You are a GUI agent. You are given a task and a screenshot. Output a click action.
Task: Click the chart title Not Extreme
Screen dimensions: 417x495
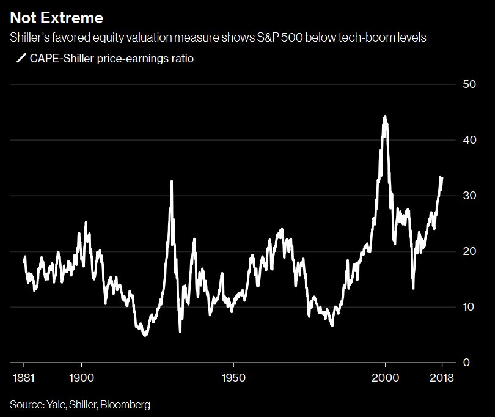[56, 17]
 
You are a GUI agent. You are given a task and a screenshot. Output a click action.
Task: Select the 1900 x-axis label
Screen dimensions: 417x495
[82, 377]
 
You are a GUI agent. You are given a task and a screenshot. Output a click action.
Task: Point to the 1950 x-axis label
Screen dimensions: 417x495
[233, 377]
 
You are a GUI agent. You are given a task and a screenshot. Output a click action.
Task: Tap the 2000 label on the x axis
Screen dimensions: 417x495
[386, 377]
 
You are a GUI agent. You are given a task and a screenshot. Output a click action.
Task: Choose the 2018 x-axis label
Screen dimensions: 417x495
[442, 377]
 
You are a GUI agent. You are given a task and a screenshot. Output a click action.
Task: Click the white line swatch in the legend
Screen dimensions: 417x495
[21, 59]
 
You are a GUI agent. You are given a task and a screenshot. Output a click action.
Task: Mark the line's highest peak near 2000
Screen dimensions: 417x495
[384, 116]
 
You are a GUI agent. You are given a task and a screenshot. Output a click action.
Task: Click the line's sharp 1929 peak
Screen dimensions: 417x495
[171, 181]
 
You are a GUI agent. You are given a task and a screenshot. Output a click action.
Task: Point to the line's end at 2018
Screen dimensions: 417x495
[442, 178]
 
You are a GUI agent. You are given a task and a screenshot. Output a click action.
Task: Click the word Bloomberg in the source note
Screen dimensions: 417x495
[127, 404]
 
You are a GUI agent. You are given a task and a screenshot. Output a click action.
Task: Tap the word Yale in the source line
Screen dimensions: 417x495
[53, 404]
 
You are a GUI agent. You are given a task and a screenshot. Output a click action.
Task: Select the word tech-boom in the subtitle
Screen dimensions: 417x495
[355, 38]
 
